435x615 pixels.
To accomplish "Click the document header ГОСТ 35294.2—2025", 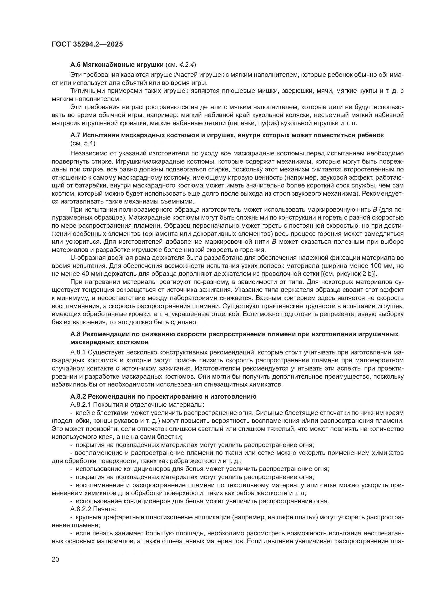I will tap(87, 44).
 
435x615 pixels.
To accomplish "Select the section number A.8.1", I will tap(78, 353).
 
